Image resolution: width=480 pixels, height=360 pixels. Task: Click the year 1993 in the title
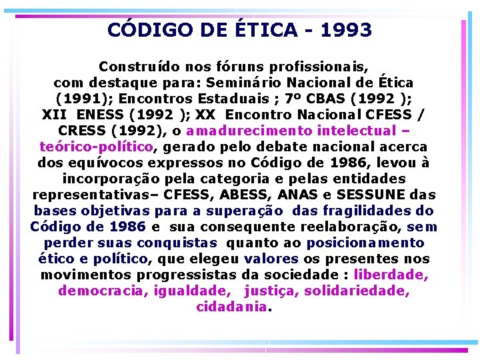(346, 30)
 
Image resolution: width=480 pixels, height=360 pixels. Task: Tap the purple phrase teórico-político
(97, 147)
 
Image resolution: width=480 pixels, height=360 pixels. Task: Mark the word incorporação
(111, 179)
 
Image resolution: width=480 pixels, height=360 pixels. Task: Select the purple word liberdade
(391, 275)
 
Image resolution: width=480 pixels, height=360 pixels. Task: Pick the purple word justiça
(273, 291)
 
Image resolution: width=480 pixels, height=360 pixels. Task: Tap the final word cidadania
(231, 307)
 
